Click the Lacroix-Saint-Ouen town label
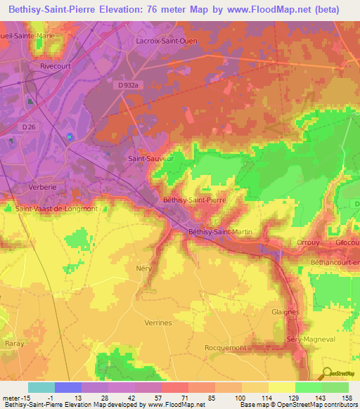tap(166, 41)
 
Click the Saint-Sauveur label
tap(149, 159)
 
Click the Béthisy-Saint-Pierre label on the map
tap(194, 200)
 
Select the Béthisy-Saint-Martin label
tap(219, 231)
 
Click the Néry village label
tap(143, 268)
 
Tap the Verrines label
tap(157, 323)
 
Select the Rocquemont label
tap(225, 347)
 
